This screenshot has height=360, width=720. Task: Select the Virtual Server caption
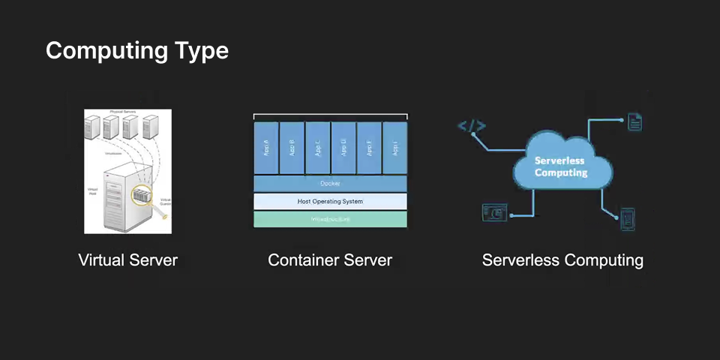(x=128, y=260)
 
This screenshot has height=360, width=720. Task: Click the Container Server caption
(x=330, y=260)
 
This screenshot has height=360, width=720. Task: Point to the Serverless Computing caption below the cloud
(x=562, y=260)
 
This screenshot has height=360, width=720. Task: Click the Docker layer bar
(x=330, y=184)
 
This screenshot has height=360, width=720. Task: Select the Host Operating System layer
(x=330, y=201)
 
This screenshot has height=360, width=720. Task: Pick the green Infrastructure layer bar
(x=330, y=219)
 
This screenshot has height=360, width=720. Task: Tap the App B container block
(x=292, y=148)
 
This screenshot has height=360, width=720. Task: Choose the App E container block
(x=369, y=148)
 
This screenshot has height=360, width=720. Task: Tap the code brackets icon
(x=472, y=126)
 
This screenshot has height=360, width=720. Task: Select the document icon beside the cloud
(x=634, y=121)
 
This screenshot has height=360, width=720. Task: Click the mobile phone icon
(x=628, y=217)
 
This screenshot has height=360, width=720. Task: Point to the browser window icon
(x=495, y=212)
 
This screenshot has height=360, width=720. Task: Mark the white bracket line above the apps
(x=330, y=115)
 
